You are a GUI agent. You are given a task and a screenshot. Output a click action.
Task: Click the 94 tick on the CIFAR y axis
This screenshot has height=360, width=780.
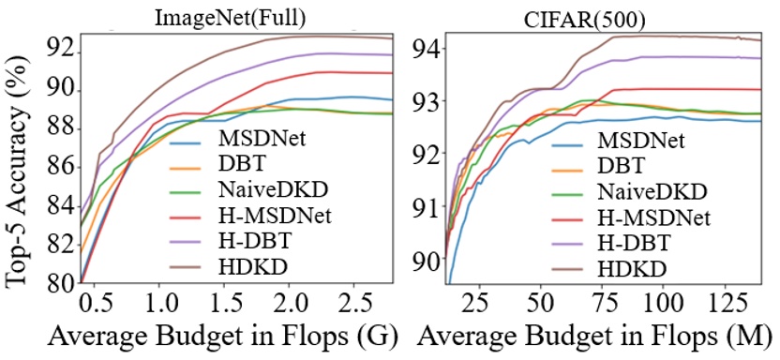point(427,48)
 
